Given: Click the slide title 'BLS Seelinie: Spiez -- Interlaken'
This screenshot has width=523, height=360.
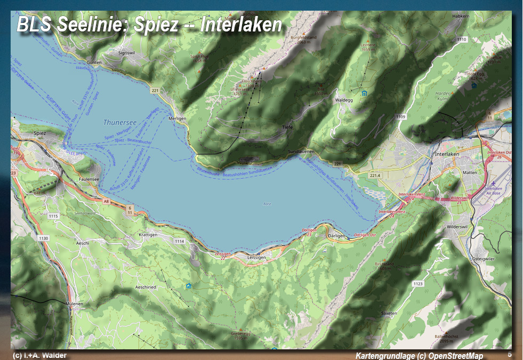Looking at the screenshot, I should coord(149,25).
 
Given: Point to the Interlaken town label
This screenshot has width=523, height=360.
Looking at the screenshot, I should coord(447,154).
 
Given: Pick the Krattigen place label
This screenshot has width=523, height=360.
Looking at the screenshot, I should coord(148,235).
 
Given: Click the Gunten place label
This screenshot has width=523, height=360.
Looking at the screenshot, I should coord(94,62).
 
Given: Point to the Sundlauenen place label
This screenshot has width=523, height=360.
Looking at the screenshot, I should coord(301,152).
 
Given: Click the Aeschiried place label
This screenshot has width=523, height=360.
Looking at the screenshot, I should coord(146,287).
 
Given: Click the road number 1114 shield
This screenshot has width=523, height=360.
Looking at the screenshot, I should coord(179,242).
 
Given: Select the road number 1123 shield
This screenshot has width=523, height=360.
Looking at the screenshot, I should coord(418,284).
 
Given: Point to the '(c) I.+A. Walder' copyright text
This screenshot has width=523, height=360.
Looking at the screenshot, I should coord(40,355).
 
